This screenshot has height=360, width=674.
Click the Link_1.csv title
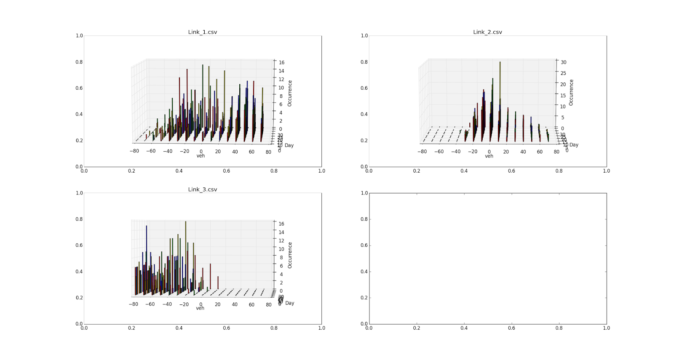[203, 32]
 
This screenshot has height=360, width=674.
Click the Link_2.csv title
[487, 32]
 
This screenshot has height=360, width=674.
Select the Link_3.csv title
[203, 189]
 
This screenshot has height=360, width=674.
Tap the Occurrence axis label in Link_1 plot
[290, 93]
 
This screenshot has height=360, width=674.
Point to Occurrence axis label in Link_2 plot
[571, 93]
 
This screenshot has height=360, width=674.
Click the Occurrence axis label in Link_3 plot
[290, 255]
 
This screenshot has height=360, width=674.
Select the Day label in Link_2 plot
[574, 145]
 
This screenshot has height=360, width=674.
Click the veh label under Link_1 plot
[201, 156]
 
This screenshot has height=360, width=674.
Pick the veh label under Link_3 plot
[200, 308]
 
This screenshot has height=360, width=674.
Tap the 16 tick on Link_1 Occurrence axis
[281, 63]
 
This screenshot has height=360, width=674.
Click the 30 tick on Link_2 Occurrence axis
[563, 62]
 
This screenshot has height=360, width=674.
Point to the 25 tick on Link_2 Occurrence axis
[563, 73]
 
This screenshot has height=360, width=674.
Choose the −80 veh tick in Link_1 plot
[134, 151]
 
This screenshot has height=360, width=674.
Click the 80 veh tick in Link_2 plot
[556, 152]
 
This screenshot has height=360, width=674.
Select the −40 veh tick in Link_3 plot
[167, 304]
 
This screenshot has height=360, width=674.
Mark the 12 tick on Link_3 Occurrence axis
[281, 241]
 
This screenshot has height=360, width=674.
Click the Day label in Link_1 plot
[289, 146]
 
